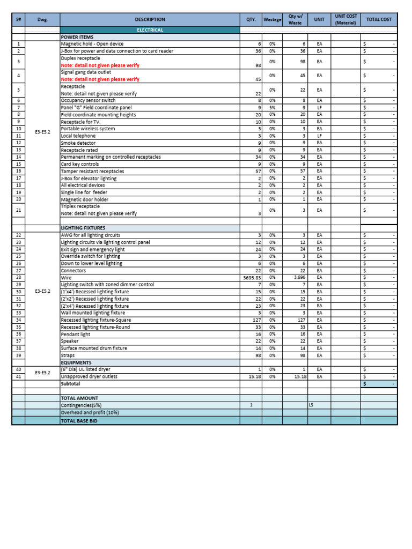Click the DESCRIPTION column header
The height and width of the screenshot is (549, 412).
coord(150,19)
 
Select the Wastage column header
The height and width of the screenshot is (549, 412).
coord(272,19)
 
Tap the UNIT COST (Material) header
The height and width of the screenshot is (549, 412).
coord(345,19)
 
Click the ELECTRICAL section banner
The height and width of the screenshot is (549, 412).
coord(150,30)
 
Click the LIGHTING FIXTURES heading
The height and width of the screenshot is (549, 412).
coord(83,228)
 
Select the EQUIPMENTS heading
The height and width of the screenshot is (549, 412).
coord(77,362)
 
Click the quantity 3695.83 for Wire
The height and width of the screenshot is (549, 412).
coord(251,278)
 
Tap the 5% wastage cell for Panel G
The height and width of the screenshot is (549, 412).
coord(272,107)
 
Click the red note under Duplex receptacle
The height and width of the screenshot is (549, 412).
coord(100,65)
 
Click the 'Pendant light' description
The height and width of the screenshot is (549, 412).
coord(76,334)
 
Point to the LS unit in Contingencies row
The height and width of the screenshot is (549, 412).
coord(311,405)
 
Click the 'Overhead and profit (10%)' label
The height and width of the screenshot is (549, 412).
coord(90,412)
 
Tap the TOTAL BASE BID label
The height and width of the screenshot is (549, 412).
coord(79,421)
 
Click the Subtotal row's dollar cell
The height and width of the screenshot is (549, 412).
coord(379,384)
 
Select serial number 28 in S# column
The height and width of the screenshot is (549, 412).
coord(18,278)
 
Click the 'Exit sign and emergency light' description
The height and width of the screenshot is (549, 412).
coord(93,249)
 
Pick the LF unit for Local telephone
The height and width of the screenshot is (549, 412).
coord(319,136)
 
